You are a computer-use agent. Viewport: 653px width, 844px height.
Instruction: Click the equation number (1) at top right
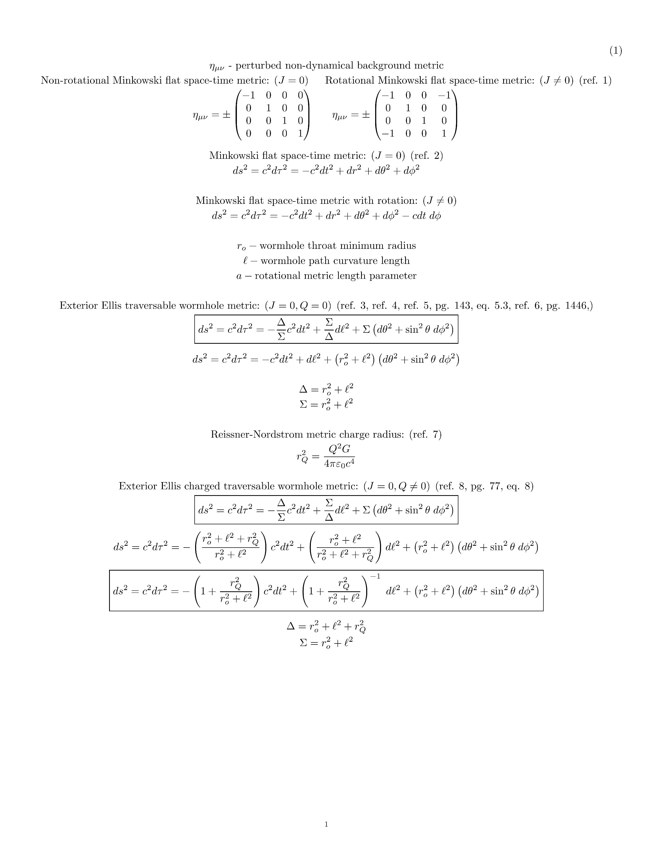click(615, 51)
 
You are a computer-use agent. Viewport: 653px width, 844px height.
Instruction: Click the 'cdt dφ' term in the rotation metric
click(426, 216)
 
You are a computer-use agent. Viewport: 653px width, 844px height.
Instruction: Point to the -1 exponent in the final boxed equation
click(375, 576)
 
